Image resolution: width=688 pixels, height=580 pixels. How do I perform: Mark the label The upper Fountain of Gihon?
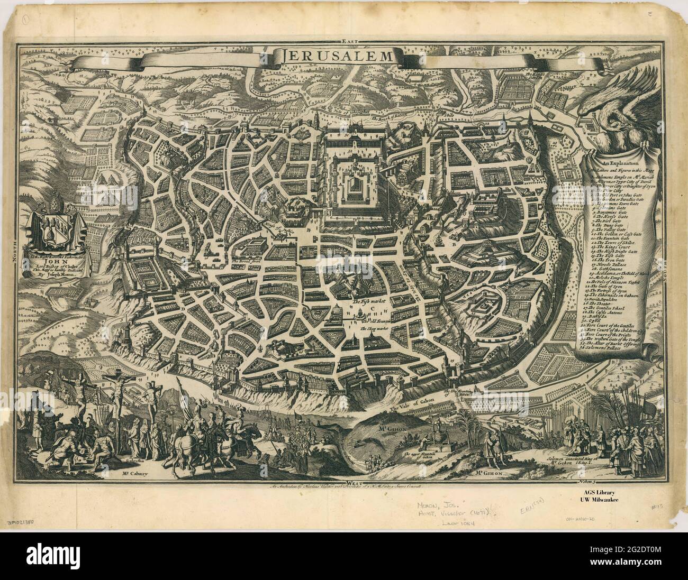421,455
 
